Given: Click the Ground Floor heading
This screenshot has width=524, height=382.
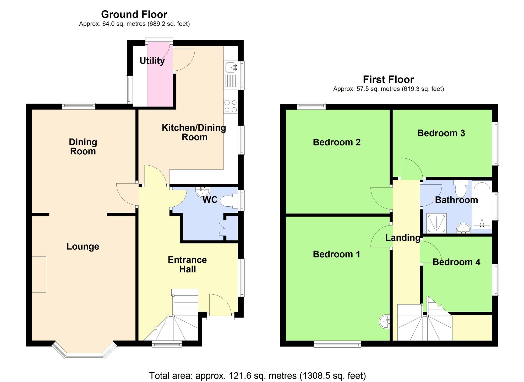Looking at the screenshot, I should click(x=134, y=14).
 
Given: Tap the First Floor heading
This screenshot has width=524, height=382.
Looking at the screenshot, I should click(x=388, y=79).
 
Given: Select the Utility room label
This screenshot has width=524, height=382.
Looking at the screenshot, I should click(x=152, y=61).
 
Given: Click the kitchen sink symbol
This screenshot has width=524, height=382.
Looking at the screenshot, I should click(x=230, y=67).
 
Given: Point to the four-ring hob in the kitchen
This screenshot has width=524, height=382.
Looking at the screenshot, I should click(x=231, y=106).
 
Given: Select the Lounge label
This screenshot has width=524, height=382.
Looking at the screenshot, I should click(x=83, y=246).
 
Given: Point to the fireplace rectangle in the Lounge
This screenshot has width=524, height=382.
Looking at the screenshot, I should click(x=39, y=274).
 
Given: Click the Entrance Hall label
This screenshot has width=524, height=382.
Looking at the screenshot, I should click(x=187, y=264).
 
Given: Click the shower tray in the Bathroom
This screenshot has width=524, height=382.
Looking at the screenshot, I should click(x=436, y=223).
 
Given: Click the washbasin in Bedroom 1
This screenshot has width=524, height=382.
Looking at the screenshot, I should click(x=384, y=321).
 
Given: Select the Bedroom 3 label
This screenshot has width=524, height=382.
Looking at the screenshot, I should click(x=441, y=133).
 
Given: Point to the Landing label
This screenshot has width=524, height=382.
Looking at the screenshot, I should click(x=403, y=238).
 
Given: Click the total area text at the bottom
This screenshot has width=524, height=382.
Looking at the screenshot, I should click(x=257, y=375).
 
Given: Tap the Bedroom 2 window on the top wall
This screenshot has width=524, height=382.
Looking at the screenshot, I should click(x=311, y=106).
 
